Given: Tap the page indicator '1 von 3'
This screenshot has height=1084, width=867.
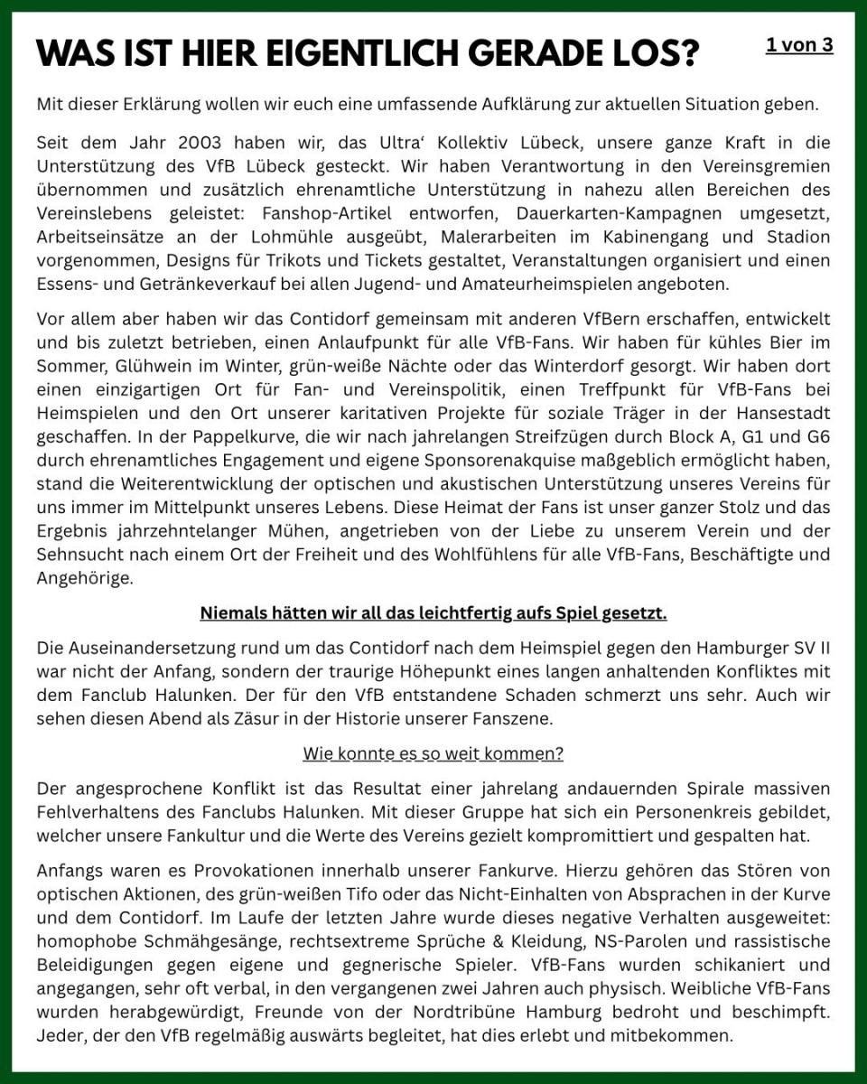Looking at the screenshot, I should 799,45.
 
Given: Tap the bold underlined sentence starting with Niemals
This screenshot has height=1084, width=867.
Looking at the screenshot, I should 433,614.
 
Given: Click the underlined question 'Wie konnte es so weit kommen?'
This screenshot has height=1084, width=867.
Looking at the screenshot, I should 433,752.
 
